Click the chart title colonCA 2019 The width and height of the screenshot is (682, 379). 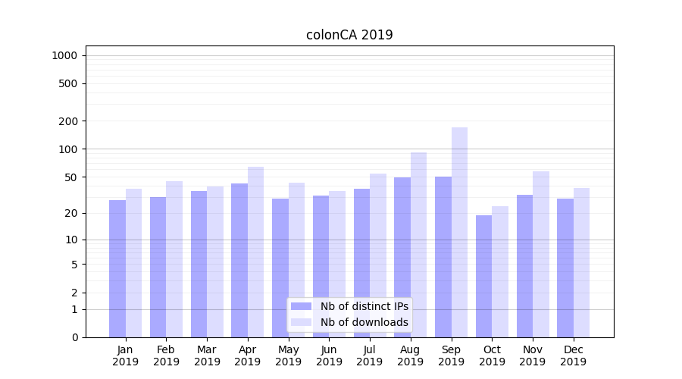[349, 35]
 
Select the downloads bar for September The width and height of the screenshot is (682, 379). [459, 232]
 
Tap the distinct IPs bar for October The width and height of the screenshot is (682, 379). [483, 276]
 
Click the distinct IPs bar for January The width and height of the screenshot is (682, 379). [117, 268]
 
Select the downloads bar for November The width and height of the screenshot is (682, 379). [541, 254]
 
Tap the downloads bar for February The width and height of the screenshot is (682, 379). [174, 258]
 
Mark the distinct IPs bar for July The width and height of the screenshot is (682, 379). [361, 262]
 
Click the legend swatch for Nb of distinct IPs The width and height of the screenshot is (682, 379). [301, 306]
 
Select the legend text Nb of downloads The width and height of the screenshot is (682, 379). [364, 322]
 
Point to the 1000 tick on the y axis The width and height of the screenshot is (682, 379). [64, 55]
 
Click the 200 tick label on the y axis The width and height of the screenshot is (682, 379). [67, 121]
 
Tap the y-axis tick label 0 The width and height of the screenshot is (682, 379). [74, 337]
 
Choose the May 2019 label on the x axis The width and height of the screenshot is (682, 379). [289, 356]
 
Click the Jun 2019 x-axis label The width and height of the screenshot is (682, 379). [329, 356]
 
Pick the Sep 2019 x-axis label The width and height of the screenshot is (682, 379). [451, 356]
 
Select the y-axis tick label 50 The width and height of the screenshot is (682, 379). [70, 177]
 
